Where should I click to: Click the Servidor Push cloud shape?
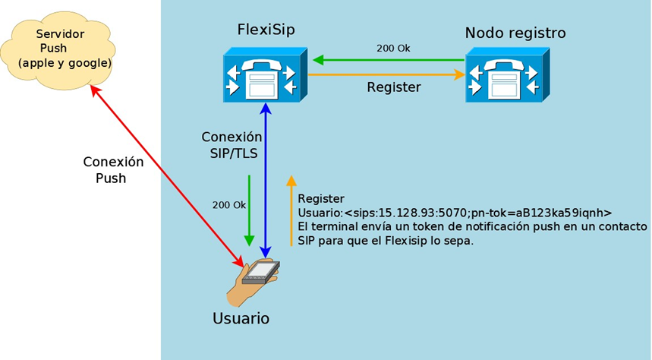[x=58, y=50]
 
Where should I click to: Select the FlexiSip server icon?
[x=266, y=75]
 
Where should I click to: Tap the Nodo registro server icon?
[x=508, y=75]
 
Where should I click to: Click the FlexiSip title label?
[x=266, y=30]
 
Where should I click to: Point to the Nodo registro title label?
[x=515, y=33]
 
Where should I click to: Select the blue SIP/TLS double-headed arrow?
[x=266, y=181]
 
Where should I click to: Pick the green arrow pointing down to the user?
[x=249, y=210]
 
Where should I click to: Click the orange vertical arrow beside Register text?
[x=291, y=210]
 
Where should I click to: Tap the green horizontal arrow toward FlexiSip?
[x=389, y=60]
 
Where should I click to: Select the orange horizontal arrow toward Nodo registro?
[x=386, y=75]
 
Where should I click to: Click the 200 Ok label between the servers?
[x=393, y=49]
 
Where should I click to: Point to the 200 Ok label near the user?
[x=228, y=205]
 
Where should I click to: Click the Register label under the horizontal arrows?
[x=394, y=87]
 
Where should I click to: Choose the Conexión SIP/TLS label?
[x=232, y=145]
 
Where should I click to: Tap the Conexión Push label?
[x=113, y=170]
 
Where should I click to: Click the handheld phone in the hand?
[x=261, y=273]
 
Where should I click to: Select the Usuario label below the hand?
[x=241, y=318]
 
